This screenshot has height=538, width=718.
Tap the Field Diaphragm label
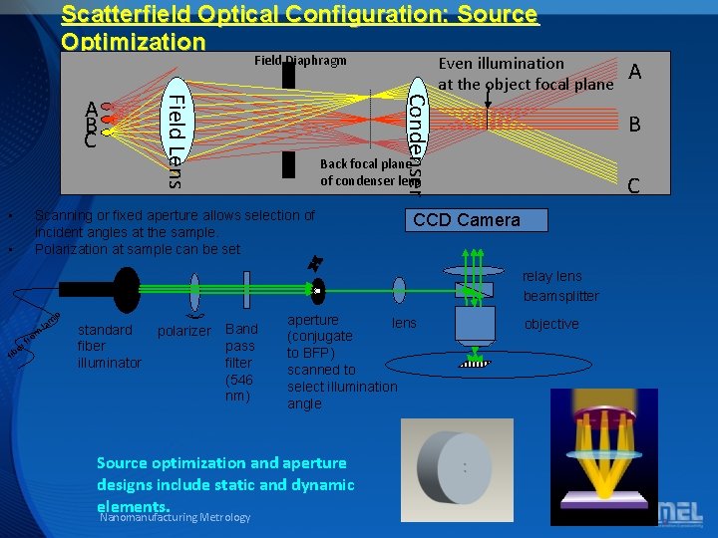(300, 61)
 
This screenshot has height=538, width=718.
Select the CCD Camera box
(466, 220)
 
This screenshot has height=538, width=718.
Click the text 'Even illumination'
(502, 64)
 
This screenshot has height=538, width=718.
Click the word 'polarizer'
(184, 331)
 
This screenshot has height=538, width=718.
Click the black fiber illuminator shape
(127, 290)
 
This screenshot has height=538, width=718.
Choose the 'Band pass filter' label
(241, 363)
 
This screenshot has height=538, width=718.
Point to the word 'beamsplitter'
(561, 296)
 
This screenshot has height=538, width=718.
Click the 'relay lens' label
(552, 276)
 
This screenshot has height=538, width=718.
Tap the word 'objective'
(551, 324)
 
